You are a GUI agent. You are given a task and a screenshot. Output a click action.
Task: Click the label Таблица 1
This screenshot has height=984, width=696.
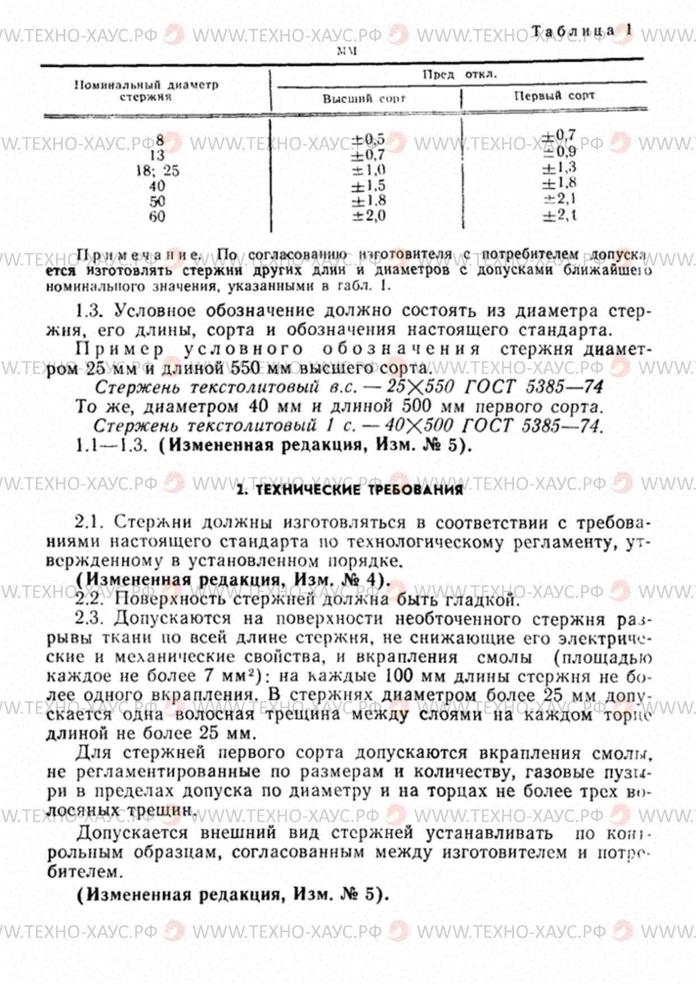click(x=582, y=31)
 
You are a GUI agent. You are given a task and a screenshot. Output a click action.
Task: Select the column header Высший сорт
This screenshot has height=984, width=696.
click(x=364, y=99)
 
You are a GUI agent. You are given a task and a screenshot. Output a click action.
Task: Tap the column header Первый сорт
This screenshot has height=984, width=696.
click(x=554, y=95)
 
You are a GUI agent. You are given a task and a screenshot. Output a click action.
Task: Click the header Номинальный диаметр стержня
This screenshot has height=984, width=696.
click(x=146, y=91)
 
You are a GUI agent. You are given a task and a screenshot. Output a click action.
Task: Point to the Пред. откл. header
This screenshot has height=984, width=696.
click(x=460, y=74)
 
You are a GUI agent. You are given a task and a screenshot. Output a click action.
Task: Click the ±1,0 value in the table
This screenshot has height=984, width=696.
click(x=368, y=170)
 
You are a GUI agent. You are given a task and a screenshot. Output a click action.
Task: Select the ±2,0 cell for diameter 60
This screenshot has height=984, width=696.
click(x=368, y=216)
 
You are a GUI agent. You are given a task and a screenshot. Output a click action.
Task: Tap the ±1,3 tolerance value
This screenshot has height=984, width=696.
click(x=558, y=167)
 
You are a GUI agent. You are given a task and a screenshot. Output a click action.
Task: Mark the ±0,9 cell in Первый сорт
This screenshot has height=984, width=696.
click(x=558, y=151)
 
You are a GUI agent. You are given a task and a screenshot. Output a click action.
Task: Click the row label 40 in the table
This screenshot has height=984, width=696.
click(x=157, y=186)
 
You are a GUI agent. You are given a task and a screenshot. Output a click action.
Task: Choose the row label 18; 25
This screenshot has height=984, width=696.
click(x=157, y=170)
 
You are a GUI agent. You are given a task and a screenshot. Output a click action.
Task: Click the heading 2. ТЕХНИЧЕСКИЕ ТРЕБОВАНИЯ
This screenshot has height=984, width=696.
click(x=350, y=490)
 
